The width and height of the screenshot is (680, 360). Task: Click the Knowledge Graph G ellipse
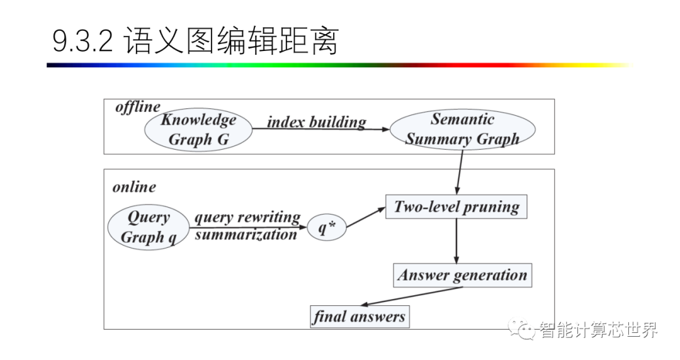click(198, 130)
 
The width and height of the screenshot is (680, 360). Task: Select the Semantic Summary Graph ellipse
click(462, 130)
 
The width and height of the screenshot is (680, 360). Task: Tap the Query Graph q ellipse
click(149, 227)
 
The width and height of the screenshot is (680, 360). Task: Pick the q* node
click(327, 228)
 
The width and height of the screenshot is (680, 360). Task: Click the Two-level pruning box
click(456, 207)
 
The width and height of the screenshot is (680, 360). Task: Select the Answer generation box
click(462, 275)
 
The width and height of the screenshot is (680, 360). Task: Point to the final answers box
click(359, 316)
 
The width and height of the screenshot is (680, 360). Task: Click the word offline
click(137, 107)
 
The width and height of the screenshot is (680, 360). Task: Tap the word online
click(134, 187)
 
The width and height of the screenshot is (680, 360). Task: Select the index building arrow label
click(316, 121)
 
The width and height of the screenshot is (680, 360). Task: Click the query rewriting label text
click(247, 218)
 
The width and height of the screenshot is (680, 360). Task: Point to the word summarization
click(246, 235)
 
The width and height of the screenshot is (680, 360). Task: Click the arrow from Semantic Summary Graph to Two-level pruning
click(459, 171)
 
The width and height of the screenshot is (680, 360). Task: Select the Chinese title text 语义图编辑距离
click(231, 42)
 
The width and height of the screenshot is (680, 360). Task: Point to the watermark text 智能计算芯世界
click(596, 330)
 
